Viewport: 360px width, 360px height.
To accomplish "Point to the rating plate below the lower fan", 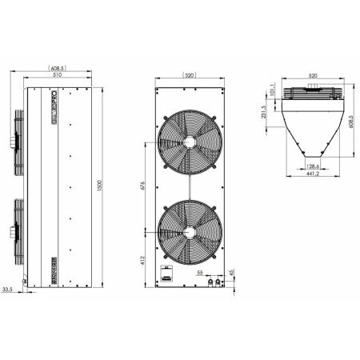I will (168, 274).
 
